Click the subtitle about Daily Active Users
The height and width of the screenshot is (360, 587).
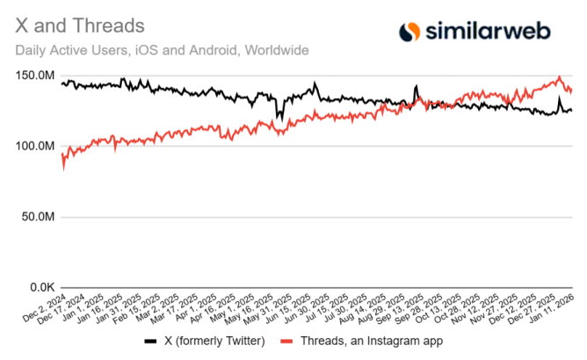(x=163, y=50)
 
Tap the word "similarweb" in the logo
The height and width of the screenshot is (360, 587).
(x=488, y=32)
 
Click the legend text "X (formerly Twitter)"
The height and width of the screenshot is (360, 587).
(x=207, y=340)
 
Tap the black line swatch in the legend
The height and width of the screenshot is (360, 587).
(x=149, y=340)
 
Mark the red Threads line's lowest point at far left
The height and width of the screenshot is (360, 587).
(x=63, y=168)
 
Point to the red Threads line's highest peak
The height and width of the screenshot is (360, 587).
(x=559, y=77)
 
